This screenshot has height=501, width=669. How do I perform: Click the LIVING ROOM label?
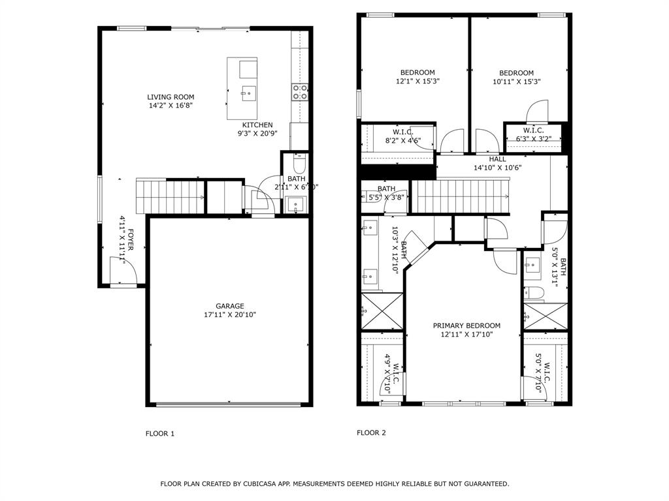pyautogui.click(x=171, y=97)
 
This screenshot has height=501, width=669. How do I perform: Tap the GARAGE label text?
pyautogui.click(x=230, y=306)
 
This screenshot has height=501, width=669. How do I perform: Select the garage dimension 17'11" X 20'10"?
pyautogui.click(x=230, y=315)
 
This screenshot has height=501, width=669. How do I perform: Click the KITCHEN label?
pyautogui.click(x=257, y=125)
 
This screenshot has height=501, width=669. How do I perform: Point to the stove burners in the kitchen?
pyautogui.click(x=300, y=93)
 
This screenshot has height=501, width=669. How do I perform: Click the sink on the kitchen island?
pyautogui.click(x=248, y=93)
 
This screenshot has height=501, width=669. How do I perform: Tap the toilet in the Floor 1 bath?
pyautogui.click(x=299, y=160)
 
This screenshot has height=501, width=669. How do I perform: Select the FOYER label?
pyautogui.click(x=130, y=240)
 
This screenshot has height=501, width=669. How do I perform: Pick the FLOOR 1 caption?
pyautogui.click(x=160, y=433)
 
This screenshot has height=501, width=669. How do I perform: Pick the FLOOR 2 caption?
pyautogui.click(x=371, y=433)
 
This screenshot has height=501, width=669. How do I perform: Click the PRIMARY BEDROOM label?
pyautogui.click(x=466, y=326)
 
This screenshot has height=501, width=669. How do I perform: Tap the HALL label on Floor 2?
pyautogui.click(x=497, y=159)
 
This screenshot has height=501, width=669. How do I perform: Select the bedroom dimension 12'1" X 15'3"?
pyautogui.click(x=417, y=82)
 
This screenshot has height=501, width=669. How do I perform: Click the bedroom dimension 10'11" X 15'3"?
pyautogui.click(x=516, y=82)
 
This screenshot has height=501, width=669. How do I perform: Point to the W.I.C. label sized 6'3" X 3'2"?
pyautogui.click(x=533, y=130)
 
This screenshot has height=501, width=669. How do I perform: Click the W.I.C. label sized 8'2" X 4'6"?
pyautogui.click(x=403, y=132)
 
